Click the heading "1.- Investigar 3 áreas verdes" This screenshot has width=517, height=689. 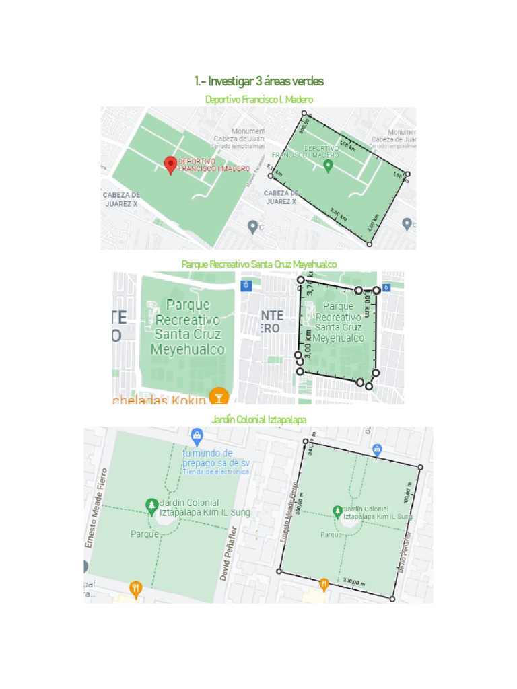click(258, 81)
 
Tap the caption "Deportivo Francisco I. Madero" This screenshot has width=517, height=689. click(258, 100)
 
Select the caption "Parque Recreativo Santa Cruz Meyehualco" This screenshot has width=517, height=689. click(258, 264)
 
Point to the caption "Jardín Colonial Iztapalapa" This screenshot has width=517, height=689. click(258, 419)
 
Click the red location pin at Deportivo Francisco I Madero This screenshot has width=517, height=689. click(170, 164)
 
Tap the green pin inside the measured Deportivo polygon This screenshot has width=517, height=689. click(328, 166)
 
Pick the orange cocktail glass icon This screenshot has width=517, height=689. click(218, 396)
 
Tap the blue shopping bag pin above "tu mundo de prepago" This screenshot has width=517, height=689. click(196, 435)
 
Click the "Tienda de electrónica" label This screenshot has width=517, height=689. click(215, 472)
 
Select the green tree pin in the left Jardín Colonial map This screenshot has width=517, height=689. click(152, 505)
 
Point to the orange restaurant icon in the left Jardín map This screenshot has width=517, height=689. click(136, 589)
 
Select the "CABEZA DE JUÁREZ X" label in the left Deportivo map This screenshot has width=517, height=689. click(120, 199)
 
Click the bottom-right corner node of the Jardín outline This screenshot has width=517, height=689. click(392, 598)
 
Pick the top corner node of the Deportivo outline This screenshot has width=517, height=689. click(304, 114)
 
